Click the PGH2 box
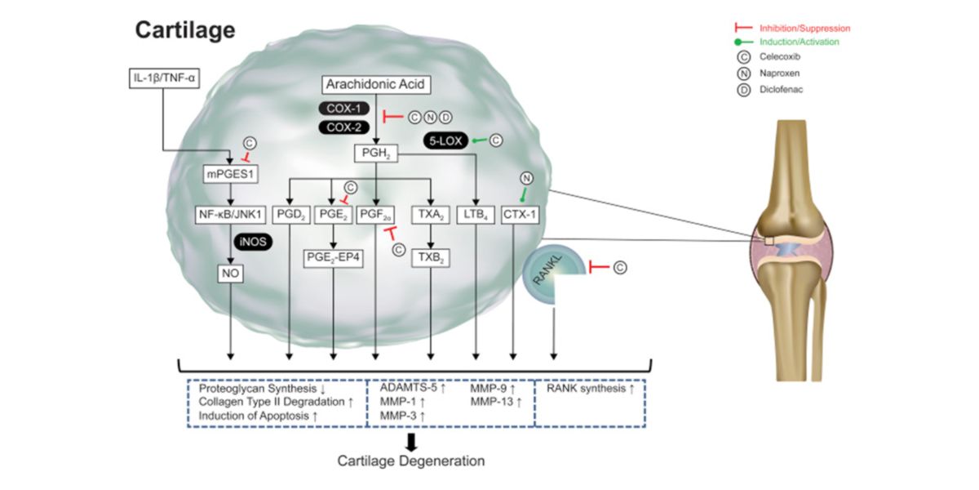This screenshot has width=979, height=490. [374, 152]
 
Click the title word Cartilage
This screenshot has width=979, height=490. [185, 31]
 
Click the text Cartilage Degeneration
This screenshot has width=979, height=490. [411, 461]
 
